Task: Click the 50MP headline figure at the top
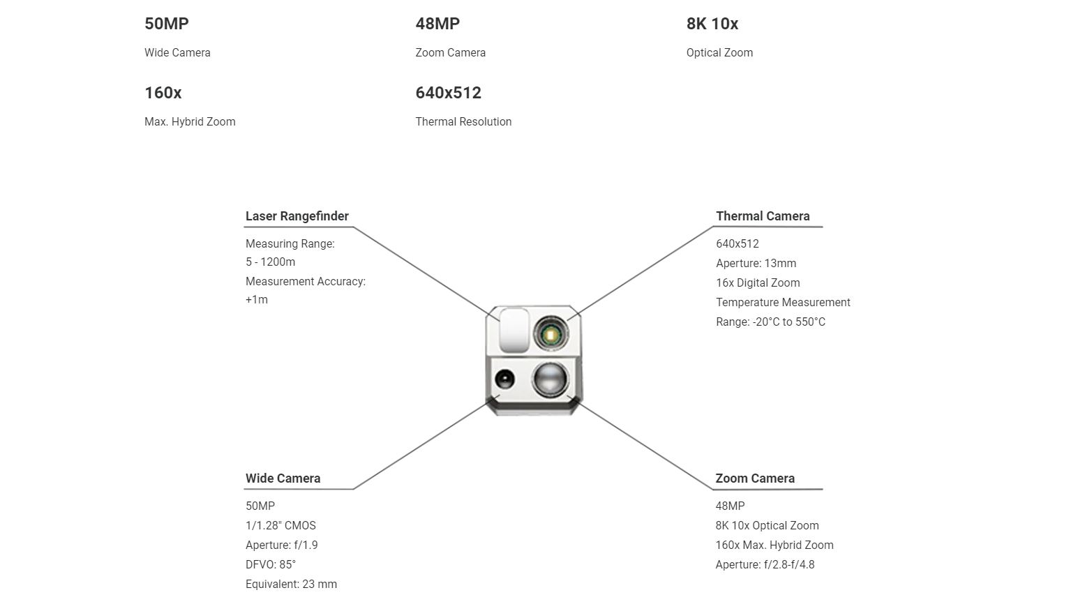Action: (x=167, y=24)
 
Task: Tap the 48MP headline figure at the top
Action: (x=437, y=24)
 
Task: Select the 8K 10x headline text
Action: (x=712, y=24)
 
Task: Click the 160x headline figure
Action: (x=163, y=93)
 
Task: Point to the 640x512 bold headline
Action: (x=449, y=93)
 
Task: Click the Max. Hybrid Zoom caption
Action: (x=190, y=122)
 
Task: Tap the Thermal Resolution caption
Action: (x=463, y=122)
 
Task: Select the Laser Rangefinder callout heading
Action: (x=297, y=216)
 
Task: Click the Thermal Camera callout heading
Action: (x=763, y=216)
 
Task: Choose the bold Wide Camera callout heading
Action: (x=283, y=478)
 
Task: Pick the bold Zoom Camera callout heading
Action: (x=755, y=478)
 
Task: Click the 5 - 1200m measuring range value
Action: (x=271, y=262)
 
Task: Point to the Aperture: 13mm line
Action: (x=756, y=264)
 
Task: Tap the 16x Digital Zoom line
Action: (x=758, y=283)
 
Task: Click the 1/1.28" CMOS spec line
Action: (x=280, y=525)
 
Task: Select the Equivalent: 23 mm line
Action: (x=291, y=584)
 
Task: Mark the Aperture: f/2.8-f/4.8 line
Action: (x=765, y=565)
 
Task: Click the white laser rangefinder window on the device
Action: (x=514, y=330)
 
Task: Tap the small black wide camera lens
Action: (x=504, y=379)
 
